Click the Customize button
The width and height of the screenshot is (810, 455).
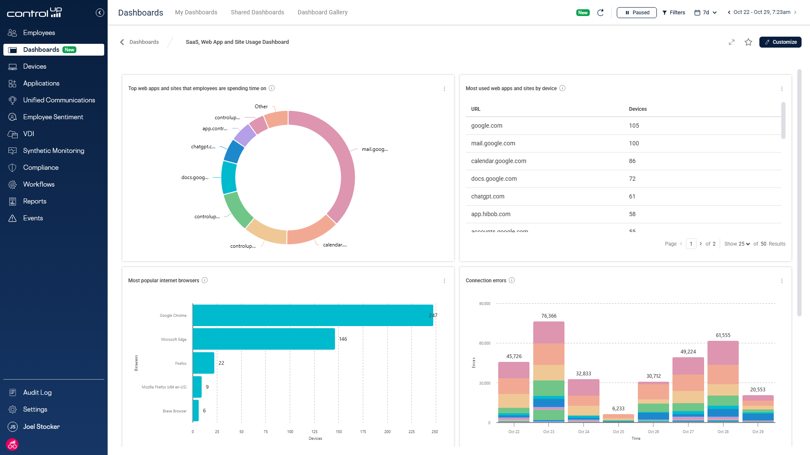click(x=780, y=42)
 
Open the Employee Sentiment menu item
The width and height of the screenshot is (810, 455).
click(x=53, y=117)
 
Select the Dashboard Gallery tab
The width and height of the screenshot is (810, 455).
click(x=322, y=12)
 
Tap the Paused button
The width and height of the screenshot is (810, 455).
click(x=636, y=13)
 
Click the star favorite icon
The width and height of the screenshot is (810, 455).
click(x=748, y=42)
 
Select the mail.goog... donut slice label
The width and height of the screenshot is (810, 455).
click(x=374, y=149)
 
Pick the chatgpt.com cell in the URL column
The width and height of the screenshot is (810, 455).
click(x=487, y=196)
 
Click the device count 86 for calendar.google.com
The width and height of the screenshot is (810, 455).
click(x=632, y=161)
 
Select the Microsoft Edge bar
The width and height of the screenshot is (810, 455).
click(x=264, y=339)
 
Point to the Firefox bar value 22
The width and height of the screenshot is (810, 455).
click(x=221, y=363)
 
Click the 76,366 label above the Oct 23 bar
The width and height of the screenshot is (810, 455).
click(x=548, y=316)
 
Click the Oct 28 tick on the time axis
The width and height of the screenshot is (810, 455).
click(x=723, y=431)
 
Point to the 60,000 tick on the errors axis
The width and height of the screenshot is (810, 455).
click(x=484, y=343)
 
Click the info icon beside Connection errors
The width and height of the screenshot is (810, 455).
click(x=512, y=281)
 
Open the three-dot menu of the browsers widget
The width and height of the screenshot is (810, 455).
click(x=444, y=281)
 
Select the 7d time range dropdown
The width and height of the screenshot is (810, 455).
click(x=705, y=13)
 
